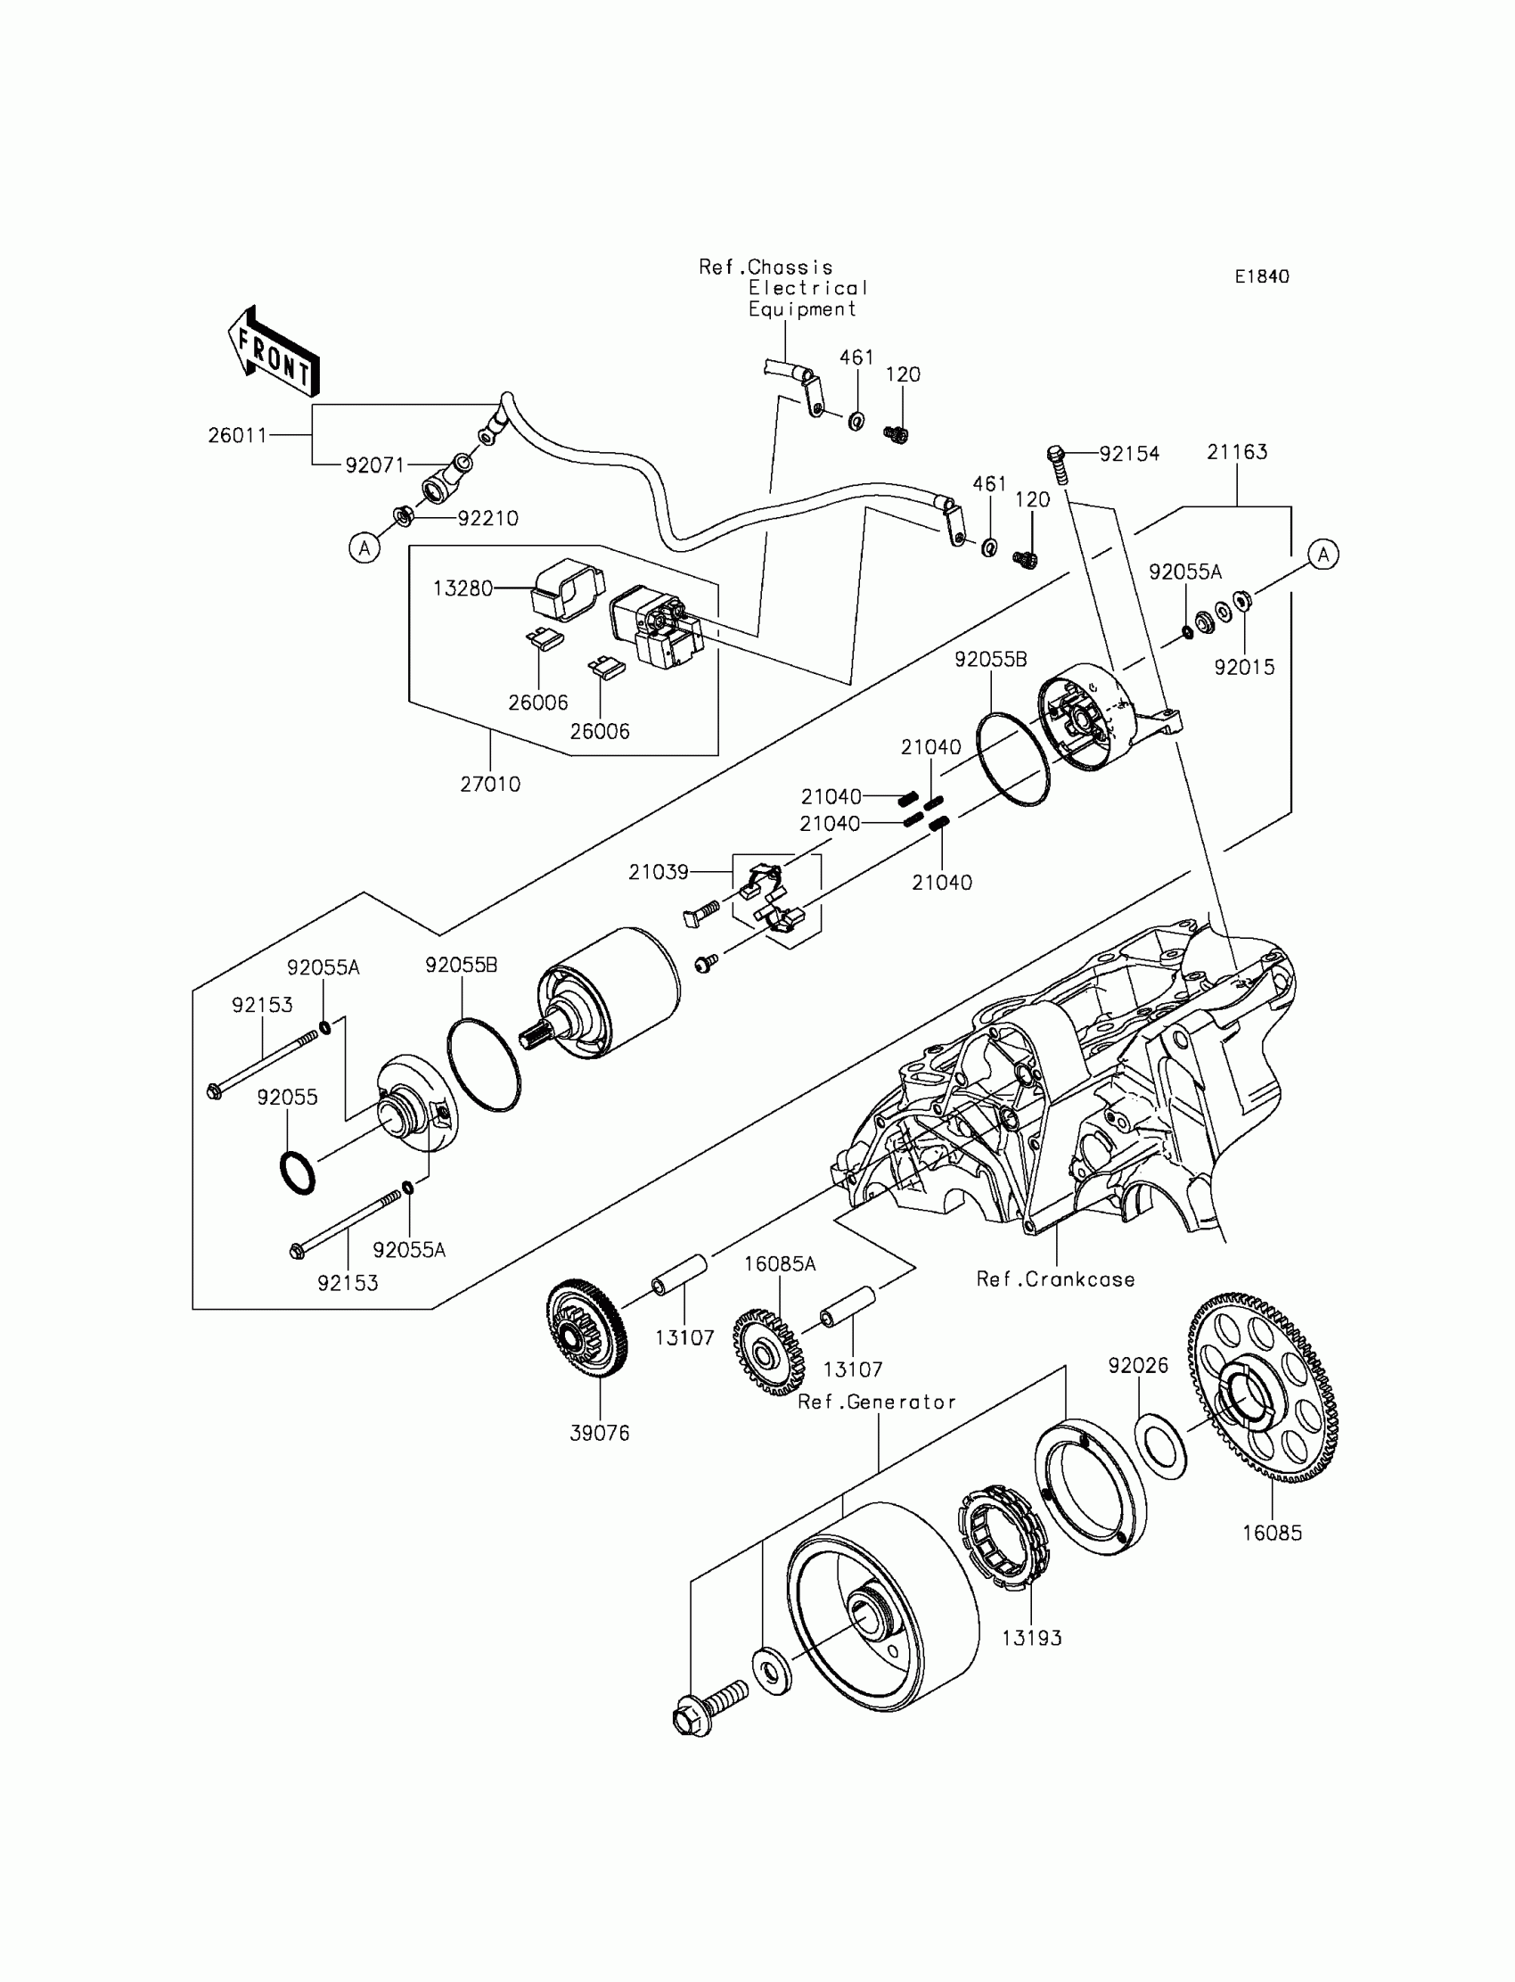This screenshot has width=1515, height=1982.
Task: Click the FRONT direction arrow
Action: tap(274, 352)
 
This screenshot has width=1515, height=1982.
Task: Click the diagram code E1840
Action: tap(1262, 277)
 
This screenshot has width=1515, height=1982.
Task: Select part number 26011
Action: tap(238, 435)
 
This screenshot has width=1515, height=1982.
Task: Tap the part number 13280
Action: tap(463, 588)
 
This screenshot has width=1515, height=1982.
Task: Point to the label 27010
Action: tap(490, 784)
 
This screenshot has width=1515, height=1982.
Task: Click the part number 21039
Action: tap(659, 871)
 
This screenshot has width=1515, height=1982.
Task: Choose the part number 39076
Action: tap(600, 1433)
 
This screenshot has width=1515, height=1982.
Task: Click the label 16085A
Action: tap(780, 1264)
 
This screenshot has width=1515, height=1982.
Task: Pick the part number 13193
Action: tap(1032, 1637)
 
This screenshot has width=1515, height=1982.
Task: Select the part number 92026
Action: tap(1138, 1365)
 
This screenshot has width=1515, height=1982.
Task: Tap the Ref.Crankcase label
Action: tap(1055, 1279)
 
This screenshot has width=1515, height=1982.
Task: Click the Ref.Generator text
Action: tap(877, 1402)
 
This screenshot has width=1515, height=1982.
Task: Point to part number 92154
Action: tap(1129, 454)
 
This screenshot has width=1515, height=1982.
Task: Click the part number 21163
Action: tap(1237, 452)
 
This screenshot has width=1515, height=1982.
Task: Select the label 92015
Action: tap(1244, 667)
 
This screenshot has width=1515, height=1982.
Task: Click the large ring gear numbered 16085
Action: tap(1263, 1389)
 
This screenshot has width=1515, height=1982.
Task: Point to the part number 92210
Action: tap(487, 518)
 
